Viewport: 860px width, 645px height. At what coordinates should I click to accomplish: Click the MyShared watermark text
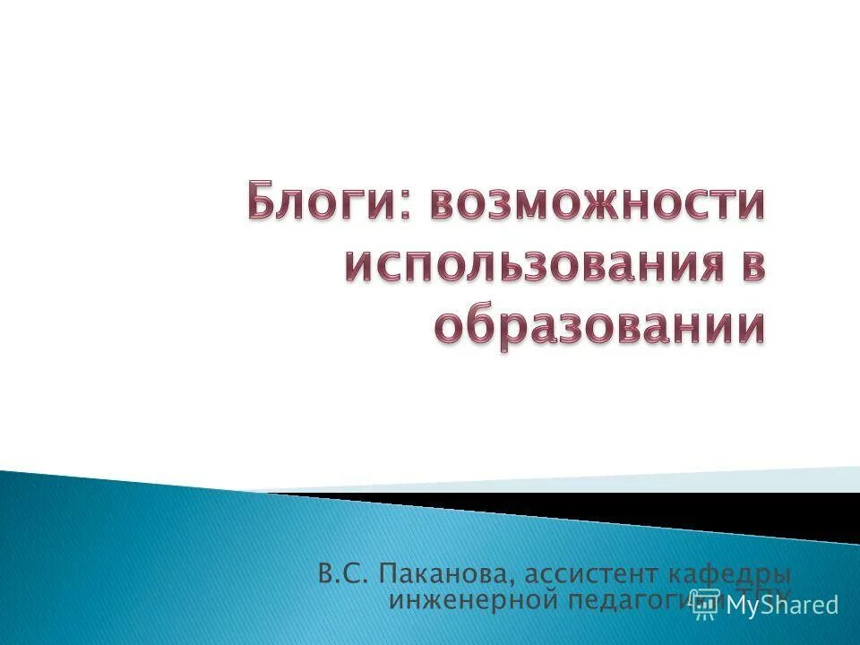coord(782,605)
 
